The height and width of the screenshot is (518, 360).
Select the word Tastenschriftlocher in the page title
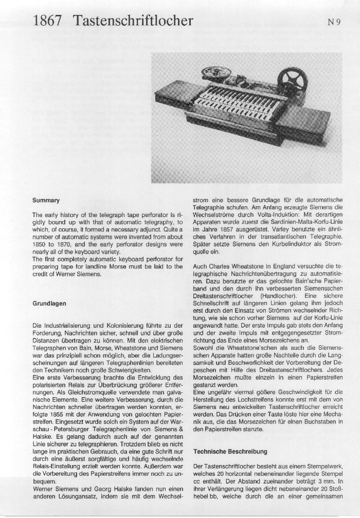tap(133, 21)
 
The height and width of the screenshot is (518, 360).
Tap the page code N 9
tap(334, 22)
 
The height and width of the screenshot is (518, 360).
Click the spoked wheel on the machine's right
tap(295, 79)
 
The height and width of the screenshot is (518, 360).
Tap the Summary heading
tap(46, 200)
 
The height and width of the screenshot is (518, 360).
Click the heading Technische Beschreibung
tap(230, 451)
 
